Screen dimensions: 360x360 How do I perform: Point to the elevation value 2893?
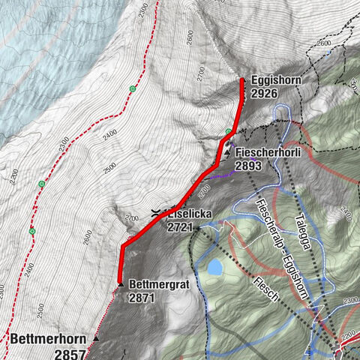pos(249,165)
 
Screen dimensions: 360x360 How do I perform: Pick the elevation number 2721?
pos(181,226)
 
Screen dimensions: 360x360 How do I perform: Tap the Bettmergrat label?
pos(157,285)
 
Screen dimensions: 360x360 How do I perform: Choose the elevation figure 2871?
pos(142,298)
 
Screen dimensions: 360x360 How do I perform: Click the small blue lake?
pos(215,266)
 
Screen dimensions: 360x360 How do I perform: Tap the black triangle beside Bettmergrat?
pos(120,284)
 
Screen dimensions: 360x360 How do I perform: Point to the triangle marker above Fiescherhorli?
pos(227,151)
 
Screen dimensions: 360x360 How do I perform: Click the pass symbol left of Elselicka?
pos(155,214)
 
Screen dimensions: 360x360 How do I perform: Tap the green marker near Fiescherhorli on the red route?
pos(228,133)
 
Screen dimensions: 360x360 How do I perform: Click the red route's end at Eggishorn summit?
pos(241,79)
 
